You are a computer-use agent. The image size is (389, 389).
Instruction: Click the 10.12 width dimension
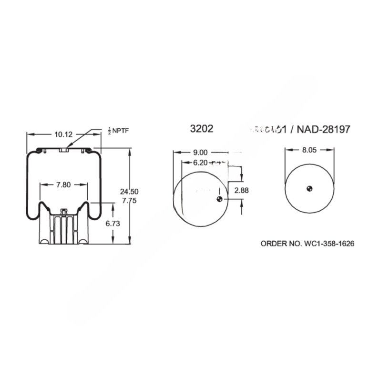coord(63,134)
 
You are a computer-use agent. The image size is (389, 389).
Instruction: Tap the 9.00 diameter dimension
coord(200,153)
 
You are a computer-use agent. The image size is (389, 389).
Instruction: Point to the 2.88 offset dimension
coord(242,190)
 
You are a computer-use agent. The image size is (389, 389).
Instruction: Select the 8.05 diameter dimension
coord(309,149)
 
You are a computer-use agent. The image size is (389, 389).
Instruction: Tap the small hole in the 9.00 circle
coord(219,199)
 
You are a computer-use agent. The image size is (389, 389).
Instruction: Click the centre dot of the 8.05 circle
coord(309,188)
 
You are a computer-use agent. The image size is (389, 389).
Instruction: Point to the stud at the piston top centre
coord(63,210)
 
